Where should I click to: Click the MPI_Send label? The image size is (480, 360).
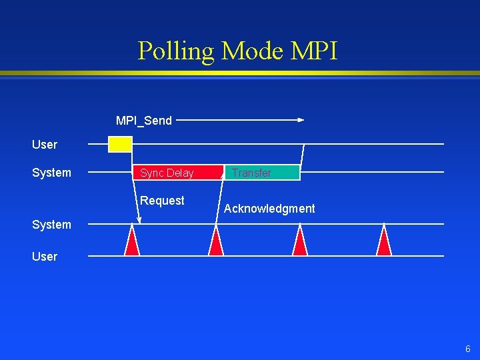coord(144,121)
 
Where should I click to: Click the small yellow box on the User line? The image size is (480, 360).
coord(121,144)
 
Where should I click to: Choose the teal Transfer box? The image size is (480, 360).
coord(262,173)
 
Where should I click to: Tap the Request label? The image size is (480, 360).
coord(162,201)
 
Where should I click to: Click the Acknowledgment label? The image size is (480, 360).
coord(269,209)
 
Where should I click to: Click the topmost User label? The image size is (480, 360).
coord(45,145)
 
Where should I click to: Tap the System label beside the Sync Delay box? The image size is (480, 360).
coord(51,173)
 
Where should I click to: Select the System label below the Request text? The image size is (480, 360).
coord(51,225)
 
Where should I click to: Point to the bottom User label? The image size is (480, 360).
coord(45,257)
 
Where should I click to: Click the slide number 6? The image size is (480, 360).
coord(467,349)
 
